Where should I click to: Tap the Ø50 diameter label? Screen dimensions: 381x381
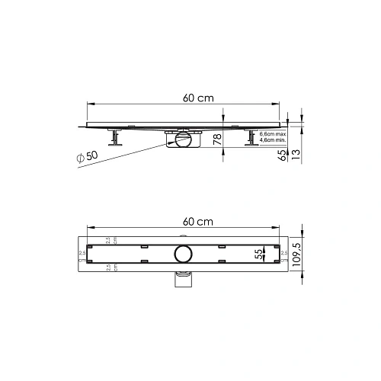pyautogui.click(x=88, y=156)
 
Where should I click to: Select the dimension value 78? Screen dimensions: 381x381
pyautogui.click(x=217, y=139)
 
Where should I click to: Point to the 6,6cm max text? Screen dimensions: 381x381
pyautogui.click(x=273, y=133)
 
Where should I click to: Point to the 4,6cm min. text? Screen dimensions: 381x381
pyautogui.click(x=273, y=140)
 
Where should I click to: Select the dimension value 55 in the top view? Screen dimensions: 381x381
pyautogui.click(x=258, y=252)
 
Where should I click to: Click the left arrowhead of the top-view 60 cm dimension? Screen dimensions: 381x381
pyautogui.click(x=91, y=227)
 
